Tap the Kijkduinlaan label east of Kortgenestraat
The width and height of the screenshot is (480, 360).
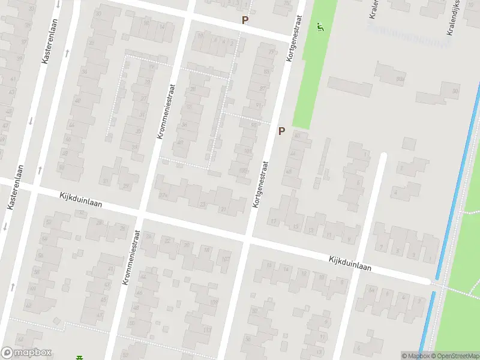[x=350, y=264]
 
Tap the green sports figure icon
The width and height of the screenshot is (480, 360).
[x=320, y=26]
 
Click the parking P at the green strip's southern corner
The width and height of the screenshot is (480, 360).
[x=281, y=131]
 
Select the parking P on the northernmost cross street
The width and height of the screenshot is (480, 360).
[x=244, y=20]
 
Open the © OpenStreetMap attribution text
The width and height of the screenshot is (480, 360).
[x=455, y=356]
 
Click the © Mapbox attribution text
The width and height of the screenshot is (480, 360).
[x=415, y=356]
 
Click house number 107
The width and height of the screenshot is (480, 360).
[x=226, y=260]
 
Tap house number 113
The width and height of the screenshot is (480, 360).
[x=207, y=331]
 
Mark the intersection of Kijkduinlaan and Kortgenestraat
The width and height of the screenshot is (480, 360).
[x=248, y=237]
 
